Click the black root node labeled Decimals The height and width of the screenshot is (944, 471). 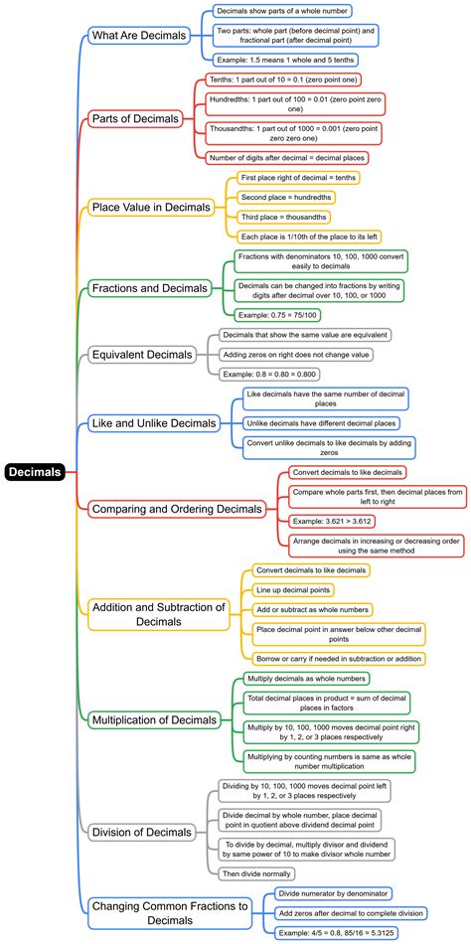click(36, 472)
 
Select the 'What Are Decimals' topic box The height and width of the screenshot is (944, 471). click(138, 36)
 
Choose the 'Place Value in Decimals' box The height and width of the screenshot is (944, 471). click(150, 207)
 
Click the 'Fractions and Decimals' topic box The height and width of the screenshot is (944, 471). click(148, 288)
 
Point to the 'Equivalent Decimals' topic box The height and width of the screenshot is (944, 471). click(141, 354)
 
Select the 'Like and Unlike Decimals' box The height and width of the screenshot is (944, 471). click(153, 423)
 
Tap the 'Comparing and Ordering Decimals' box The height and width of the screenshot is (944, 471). click(177, 508)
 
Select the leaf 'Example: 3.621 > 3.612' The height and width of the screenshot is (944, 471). click(331, 521)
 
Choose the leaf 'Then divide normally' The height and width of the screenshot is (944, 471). click(257, 872)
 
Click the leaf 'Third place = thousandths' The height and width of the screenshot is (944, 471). click(283, 217)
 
